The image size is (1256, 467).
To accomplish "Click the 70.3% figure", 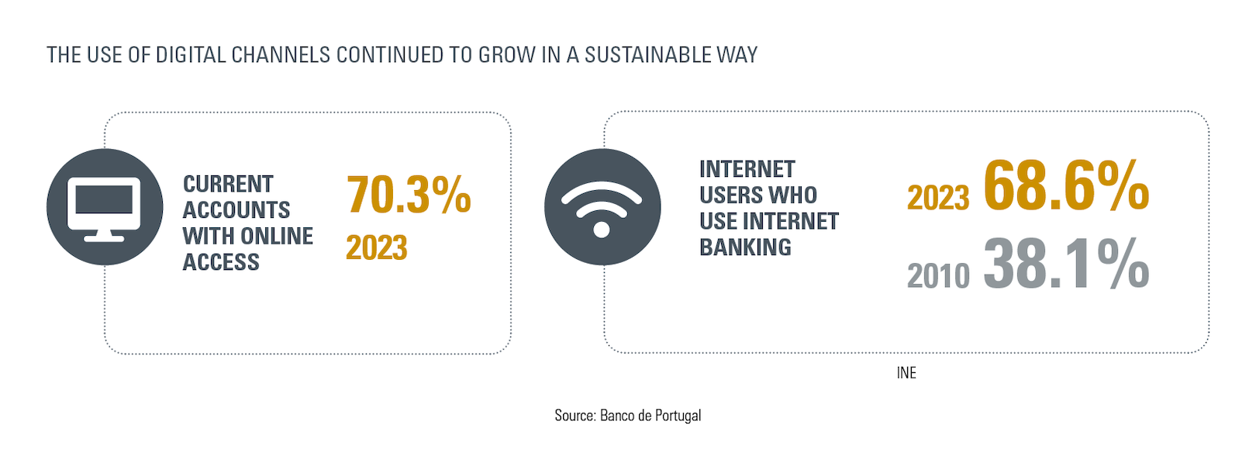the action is [409, 194].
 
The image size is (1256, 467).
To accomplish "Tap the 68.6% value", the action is [1066, 185].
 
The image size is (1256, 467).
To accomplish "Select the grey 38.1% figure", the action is [1066, 263].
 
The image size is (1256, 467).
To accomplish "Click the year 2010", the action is [938, 275].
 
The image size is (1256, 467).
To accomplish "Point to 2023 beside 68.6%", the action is [938, 198].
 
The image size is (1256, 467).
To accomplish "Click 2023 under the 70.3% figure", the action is [376, 247].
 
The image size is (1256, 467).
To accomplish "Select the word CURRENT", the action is [228, 184].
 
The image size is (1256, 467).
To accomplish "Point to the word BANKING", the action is [745, 247].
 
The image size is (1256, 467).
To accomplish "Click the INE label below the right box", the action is [906, 372].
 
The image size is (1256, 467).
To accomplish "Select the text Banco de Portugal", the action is [650, 415].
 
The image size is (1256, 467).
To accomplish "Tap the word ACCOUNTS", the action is [236, 210].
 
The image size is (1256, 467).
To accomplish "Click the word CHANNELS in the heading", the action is [281, 55].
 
